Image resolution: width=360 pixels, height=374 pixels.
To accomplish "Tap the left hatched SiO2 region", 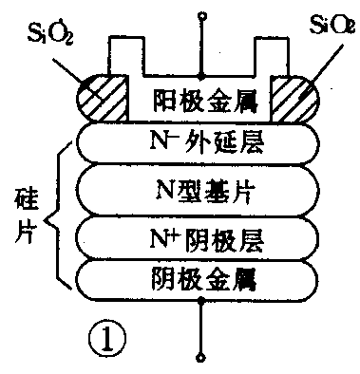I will (95, 97).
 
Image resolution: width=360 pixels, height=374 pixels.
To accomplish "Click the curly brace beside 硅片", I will (58, 213).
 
